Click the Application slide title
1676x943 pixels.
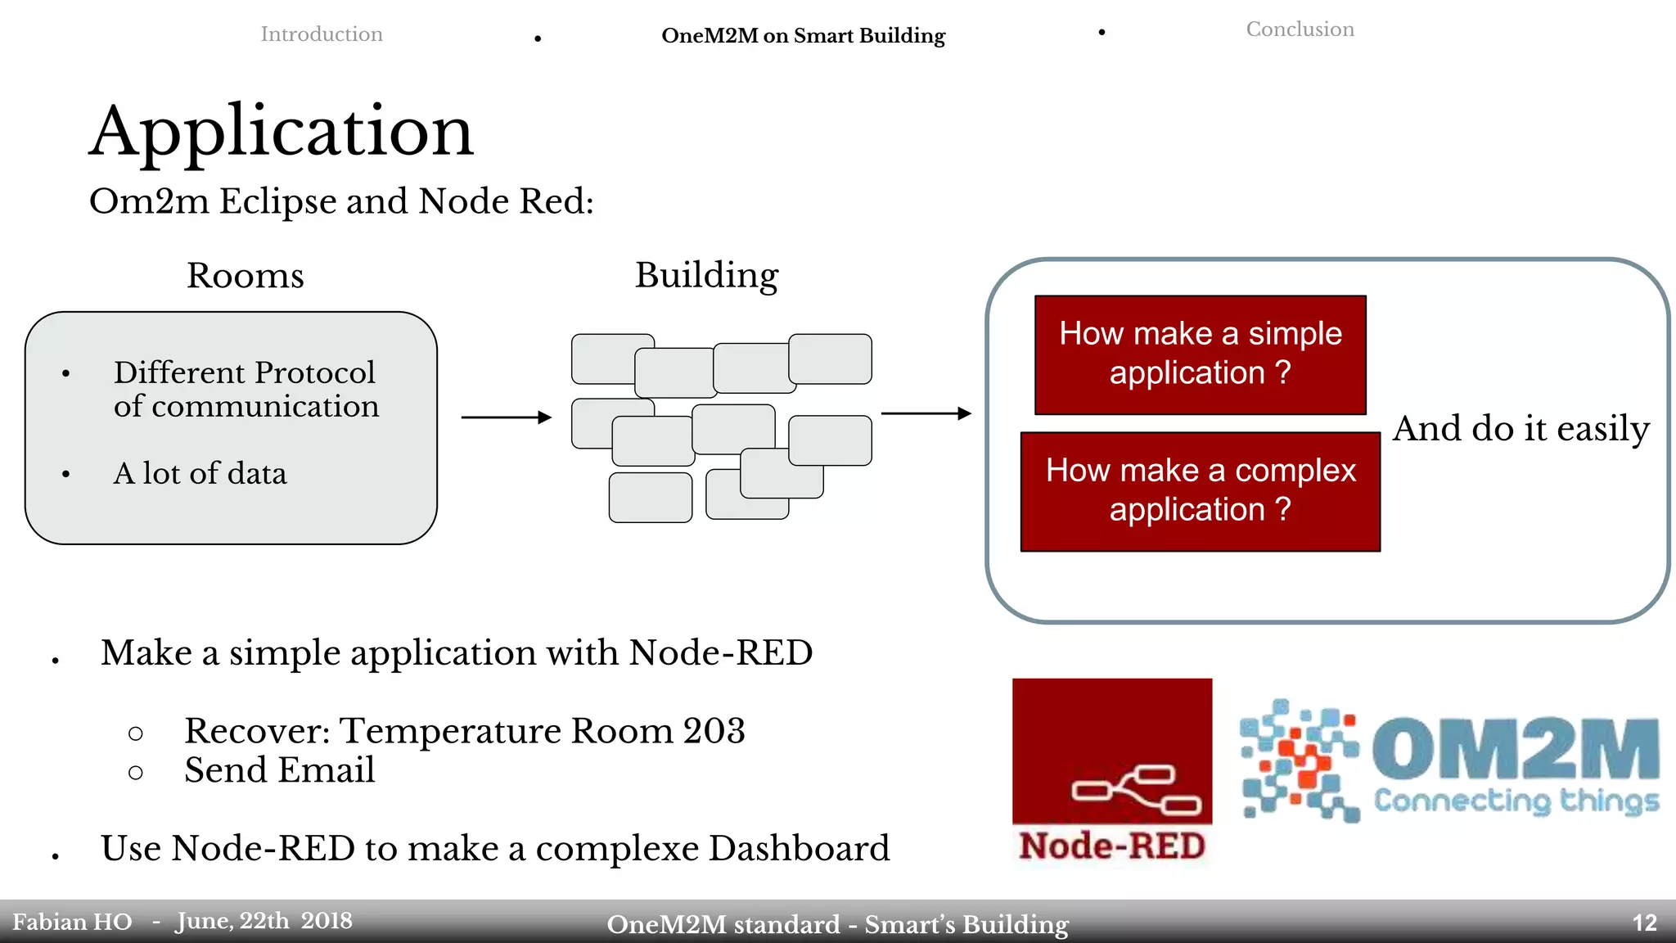(281, 133)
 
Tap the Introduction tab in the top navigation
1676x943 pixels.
(321, 34)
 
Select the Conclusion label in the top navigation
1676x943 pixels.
(1300, 29)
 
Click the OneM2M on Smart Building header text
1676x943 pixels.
(803, 36)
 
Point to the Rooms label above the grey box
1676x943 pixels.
(245, 276)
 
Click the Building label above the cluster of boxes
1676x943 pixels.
(706, 275)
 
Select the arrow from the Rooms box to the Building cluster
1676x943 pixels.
(506, 417)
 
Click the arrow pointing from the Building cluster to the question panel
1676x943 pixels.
(926, 413)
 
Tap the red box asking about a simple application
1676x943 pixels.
(1200, 354)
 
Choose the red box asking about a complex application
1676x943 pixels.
(1200, 491)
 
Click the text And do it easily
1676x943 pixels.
(1521, 429)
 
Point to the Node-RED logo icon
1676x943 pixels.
(1111, 770)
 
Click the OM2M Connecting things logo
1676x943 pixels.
(1449, 761)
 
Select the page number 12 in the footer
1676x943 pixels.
(1644, 923)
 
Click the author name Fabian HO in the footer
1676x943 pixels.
(72, 923)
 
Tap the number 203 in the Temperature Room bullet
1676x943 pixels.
(714, 731)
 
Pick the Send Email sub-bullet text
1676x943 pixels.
(279, 770)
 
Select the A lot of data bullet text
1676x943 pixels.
(200, 474)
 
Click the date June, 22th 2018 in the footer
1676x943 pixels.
(264, 921)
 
